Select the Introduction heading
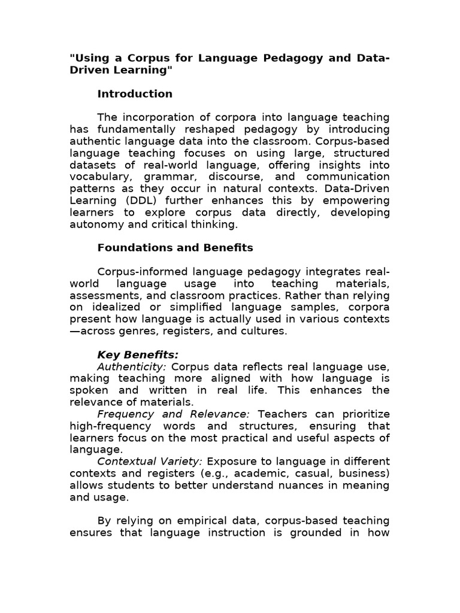135,93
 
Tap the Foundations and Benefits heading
175,247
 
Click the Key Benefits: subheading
138,354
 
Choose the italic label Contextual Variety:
150,462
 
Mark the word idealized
113,307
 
